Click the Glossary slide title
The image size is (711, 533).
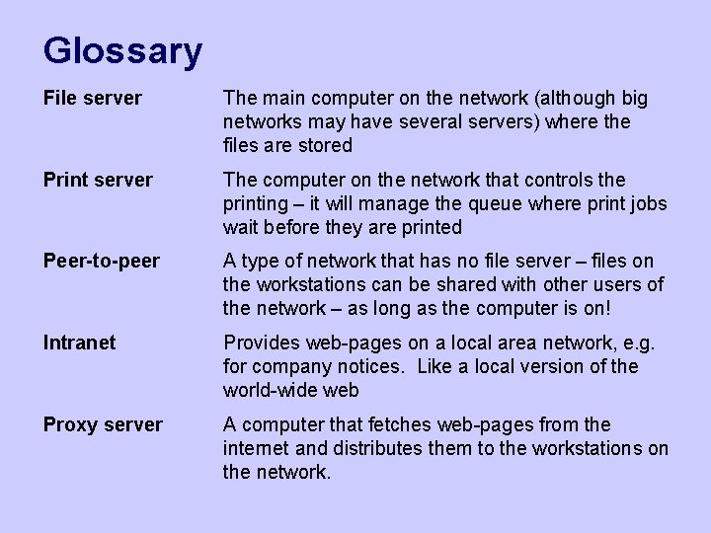[x=122, y=50]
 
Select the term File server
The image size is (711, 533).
[x=92, y=99]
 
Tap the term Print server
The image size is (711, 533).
[x=98, y=181]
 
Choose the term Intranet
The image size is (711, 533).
[x=79, y=343]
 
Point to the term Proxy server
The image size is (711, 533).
[x=103, y=425]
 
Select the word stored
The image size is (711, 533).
[x=325, y=146]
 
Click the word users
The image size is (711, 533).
[x=617, y=285]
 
